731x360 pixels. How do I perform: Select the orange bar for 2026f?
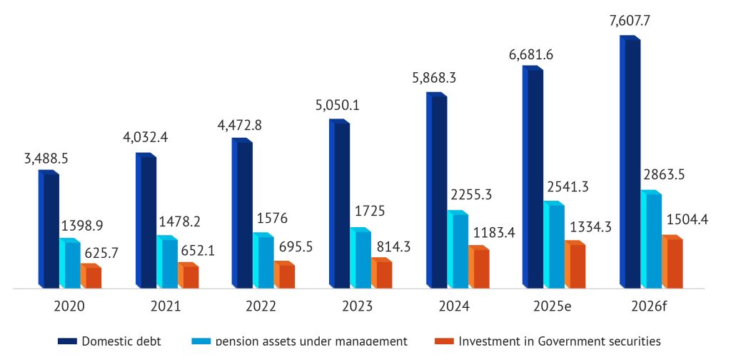click(x=673, y=262)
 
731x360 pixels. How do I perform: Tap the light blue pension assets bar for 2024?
click(x=458, y=251)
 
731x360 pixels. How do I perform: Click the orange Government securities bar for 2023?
click(x=383, y=274)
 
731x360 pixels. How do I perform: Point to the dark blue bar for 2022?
click(x=243, y=214)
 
